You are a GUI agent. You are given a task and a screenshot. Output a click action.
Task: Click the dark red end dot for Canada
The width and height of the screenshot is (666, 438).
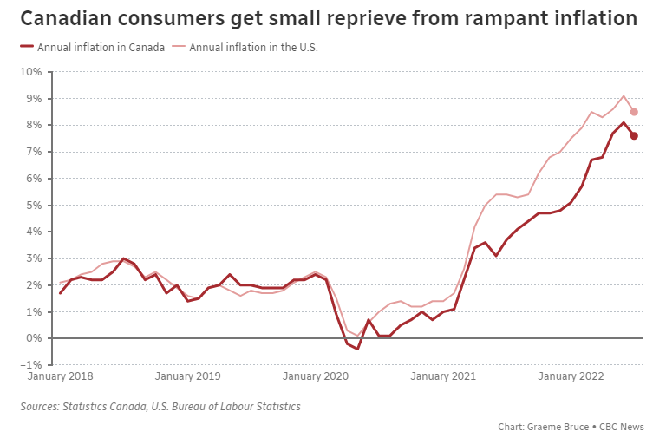point(634,135)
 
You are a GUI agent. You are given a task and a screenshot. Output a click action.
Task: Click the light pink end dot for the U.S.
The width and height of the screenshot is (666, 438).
point(634,112)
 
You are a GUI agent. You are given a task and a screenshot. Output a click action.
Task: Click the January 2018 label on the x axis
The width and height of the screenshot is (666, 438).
point(61,376)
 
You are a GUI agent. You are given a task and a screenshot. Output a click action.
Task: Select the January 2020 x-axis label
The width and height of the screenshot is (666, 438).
point(316,376)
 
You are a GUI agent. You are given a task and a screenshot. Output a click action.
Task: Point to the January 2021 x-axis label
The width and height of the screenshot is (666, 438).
point(442,376)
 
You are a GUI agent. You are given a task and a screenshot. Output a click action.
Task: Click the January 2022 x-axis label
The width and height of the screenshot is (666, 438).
point(570,376)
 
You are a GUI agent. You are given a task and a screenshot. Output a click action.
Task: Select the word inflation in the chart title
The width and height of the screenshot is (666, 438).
point(591,18)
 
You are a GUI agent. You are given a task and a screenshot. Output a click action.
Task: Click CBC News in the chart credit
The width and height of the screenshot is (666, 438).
point(626,427)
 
